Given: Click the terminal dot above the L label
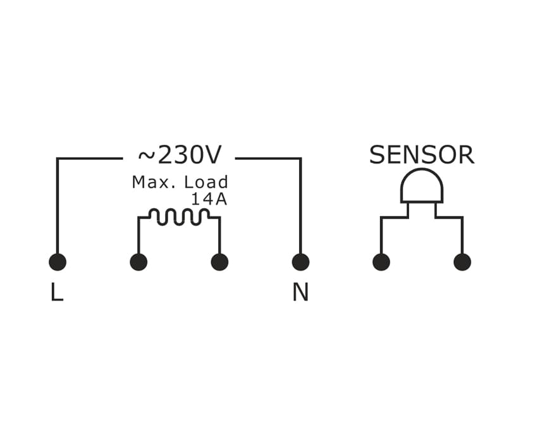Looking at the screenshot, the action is (58, 262).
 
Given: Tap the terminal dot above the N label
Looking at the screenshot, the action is (300, 262).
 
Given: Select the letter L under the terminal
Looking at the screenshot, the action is (57, 292).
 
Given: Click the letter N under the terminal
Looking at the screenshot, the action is (300, 292).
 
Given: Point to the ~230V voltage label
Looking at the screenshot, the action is (180, 156).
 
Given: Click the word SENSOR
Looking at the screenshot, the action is (422, 156).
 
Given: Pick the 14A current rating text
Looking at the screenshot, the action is (209, 199).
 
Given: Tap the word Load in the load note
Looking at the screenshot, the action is (206, 182).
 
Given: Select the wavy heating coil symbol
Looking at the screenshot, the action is (179, 217).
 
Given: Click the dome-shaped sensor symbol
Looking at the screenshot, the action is (422, 185).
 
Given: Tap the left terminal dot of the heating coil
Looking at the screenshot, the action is (138, 262).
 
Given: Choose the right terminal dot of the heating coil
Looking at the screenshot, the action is (219, 262).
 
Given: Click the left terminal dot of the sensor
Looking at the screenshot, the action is (381, 262).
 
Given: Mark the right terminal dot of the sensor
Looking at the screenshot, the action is (462, 262).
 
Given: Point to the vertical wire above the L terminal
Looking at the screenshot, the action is (58, 206).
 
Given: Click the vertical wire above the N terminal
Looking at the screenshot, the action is (300, 206).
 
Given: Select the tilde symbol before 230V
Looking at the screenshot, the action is (146, 156).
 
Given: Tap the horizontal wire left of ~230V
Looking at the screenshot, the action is (89, 158).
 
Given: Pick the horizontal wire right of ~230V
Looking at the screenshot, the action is (269, 158).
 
